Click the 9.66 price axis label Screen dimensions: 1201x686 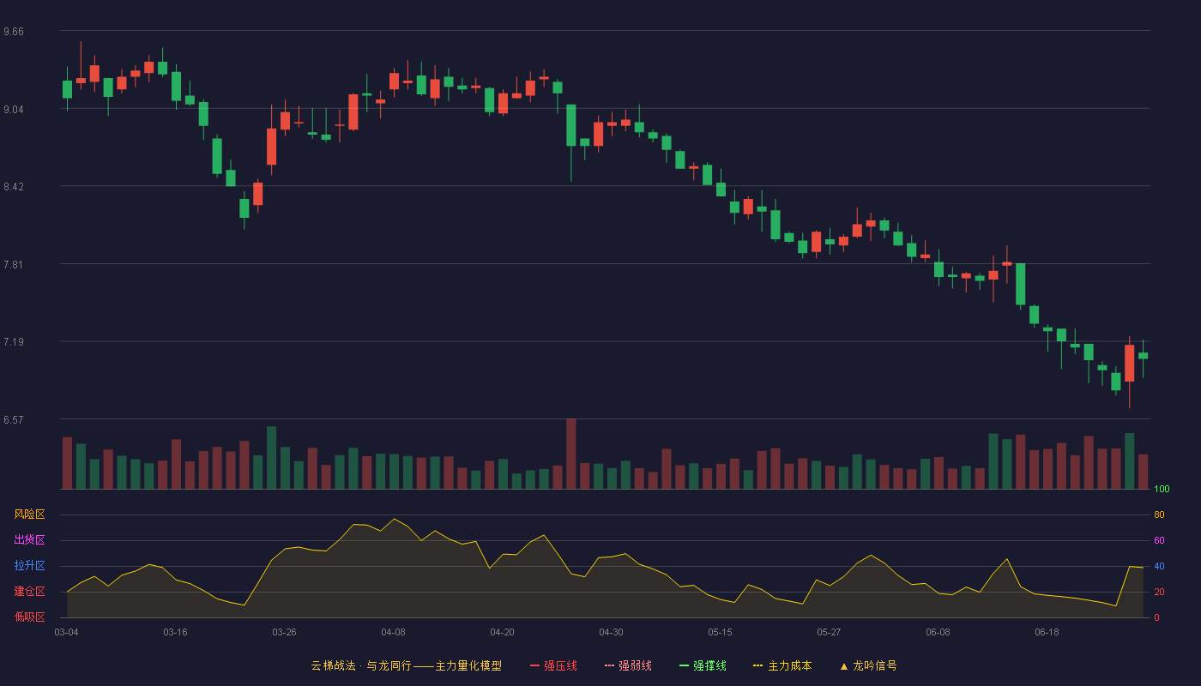click(14, 32)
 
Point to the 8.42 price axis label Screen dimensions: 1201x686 click(14, 187)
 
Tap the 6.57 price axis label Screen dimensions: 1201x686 click(14, 419)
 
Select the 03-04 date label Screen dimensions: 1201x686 click(67, 632)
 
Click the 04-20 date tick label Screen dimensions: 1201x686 click(503, 632)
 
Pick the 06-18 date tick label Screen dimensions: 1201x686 click(1047, 632)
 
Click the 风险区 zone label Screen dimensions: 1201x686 click(29, 514)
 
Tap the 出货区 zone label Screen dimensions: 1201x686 click(29, 539)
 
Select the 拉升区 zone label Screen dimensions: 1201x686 click(29, 565)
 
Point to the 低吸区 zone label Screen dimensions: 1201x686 click(29, 617)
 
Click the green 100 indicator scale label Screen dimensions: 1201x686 click(1162, 489)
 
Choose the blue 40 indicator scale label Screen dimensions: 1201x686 click(1159, 566)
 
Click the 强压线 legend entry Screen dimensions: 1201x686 click(553, 665)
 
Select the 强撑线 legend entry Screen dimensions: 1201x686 click(703, 665)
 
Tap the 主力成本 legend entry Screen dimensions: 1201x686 click(782, 665)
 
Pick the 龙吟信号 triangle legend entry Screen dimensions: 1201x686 click(868, 665)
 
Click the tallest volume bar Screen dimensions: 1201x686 click(571, 454)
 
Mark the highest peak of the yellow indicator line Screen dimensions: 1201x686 click(394, 519)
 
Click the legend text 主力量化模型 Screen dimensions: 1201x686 click(468, 665)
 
